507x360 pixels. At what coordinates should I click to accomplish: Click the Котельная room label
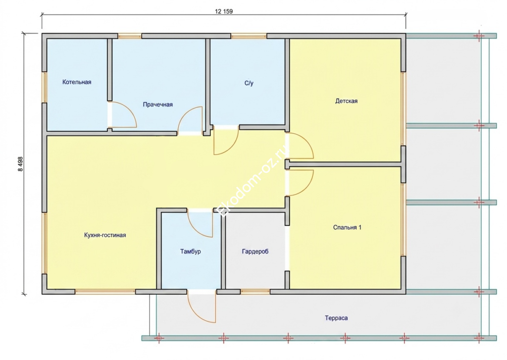[77, 82]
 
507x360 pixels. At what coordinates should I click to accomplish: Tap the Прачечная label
[158, 104]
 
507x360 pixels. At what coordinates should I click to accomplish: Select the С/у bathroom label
[249, 83]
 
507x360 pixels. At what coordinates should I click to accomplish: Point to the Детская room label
[346, 101]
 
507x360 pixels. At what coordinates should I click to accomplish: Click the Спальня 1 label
[347, 227]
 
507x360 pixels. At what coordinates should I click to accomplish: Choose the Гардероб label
[255, 252]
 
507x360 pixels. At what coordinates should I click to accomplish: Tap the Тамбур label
[191, 252]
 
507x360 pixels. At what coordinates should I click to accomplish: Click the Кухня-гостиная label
[105, 235]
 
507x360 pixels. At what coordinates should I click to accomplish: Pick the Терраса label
[336, 318]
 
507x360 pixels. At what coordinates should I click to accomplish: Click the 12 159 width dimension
[224, 11]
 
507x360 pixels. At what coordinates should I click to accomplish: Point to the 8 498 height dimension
[20, 164]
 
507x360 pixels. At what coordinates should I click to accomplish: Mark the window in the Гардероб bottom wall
[255, 292]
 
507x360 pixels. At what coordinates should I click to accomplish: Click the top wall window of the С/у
[249, 36]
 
